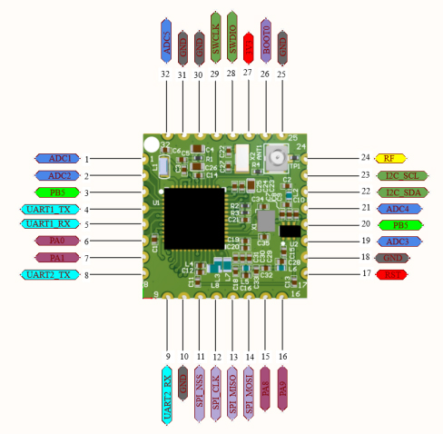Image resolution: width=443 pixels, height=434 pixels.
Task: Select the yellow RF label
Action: (x=389, y=158)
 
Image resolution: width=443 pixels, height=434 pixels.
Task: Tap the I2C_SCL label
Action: (x=401, y=174)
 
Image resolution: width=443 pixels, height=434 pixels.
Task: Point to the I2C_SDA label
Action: (x=401, y=192)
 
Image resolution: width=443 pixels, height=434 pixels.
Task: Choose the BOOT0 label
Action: (x=265, y=38)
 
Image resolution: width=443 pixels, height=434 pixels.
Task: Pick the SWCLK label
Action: (x=216, y=33)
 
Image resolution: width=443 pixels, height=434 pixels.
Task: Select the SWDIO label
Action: (x=232, y=33)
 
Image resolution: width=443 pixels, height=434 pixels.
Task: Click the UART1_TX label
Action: (x=45, y=208)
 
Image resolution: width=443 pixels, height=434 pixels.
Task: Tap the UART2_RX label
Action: (x=166, y=397)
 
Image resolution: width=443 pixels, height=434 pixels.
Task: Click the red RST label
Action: (x=392, y=274)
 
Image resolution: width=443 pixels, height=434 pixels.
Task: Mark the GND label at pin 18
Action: (x=392, y=258)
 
